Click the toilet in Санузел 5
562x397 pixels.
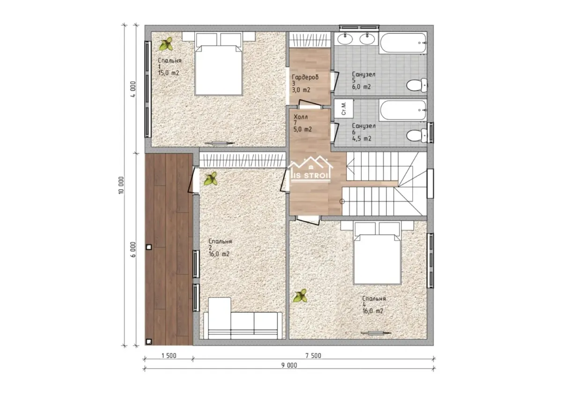click(x=416, y=85)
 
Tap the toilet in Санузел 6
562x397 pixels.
click(x=416, y=136)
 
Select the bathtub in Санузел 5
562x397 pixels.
click(x=403, y=43)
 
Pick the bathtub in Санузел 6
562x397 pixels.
click(x=403, y=110)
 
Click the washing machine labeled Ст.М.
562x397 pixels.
click(x=344, y=108)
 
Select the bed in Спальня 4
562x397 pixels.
click(x=377, y=253)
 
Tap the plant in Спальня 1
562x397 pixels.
click(x=166, y=44)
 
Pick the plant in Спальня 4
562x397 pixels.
click(x=300, y=296)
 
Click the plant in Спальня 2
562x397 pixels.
click(x=210, y=179)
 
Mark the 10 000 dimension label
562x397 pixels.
click(x=121, y=185)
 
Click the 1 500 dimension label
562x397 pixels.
click(x=169, y=356)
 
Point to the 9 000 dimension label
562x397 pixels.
click(x=289, y=366)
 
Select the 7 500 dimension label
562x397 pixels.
click(x=313, y=356)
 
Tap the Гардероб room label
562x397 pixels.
click(x=305, y=77)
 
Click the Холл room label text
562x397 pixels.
click(x=301, y=117)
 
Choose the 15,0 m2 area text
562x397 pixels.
click(x=169, y=73)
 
